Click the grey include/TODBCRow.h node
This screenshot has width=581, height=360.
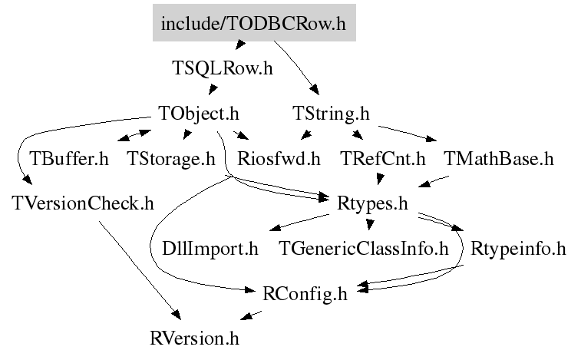tap(253, 24)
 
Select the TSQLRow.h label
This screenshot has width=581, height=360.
tap(223, 68)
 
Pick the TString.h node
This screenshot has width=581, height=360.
tap(332, 114)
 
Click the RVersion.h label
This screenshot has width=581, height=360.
tap(200, 337)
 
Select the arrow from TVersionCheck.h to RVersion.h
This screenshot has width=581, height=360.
tap(138, 269)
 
